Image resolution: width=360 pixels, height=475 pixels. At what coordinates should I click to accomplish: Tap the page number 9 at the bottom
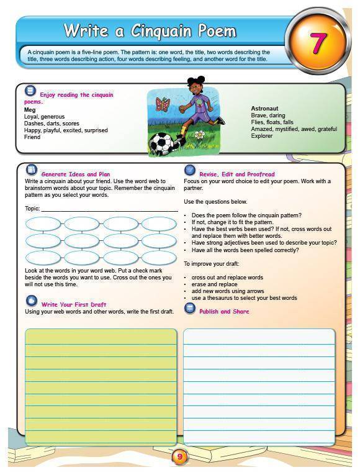point(179,457)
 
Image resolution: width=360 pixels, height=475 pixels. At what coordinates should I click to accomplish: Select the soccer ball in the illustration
point(162,143)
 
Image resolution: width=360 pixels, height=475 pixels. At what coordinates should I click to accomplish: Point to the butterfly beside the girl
point(163,104)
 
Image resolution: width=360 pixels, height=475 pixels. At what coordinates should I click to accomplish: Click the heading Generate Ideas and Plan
point(75,174)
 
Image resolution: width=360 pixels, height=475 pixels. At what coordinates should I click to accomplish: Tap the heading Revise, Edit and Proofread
point(236,174)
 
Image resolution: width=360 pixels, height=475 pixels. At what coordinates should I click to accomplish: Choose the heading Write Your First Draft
point(73,305)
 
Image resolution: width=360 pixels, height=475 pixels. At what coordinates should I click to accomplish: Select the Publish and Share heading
point(224,311)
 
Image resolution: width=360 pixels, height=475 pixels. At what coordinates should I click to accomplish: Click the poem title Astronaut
point(264,109)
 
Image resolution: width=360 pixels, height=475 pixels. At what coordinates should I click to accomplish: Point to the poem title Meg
point(29,110)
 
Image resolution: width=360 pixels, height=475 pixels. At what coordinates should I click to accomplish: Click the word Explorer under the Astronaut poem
point(261,136)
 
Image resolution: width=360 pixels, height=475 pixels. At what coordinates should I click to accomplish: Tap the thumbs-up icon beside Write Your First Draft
point(31,301)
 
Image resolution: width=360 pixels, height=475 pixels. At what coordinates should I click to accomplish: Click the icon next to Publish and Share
point(190,309)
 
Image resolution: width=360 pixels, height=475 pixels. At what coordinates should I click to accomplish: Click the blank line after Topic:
point(109,210)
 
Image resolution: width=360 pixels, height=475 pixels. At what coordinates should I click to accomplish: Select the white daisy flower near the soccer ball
point(199,134)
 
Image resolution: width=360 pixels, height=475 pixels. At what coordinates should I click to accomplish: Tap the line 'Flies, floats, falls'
point(272,122)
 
